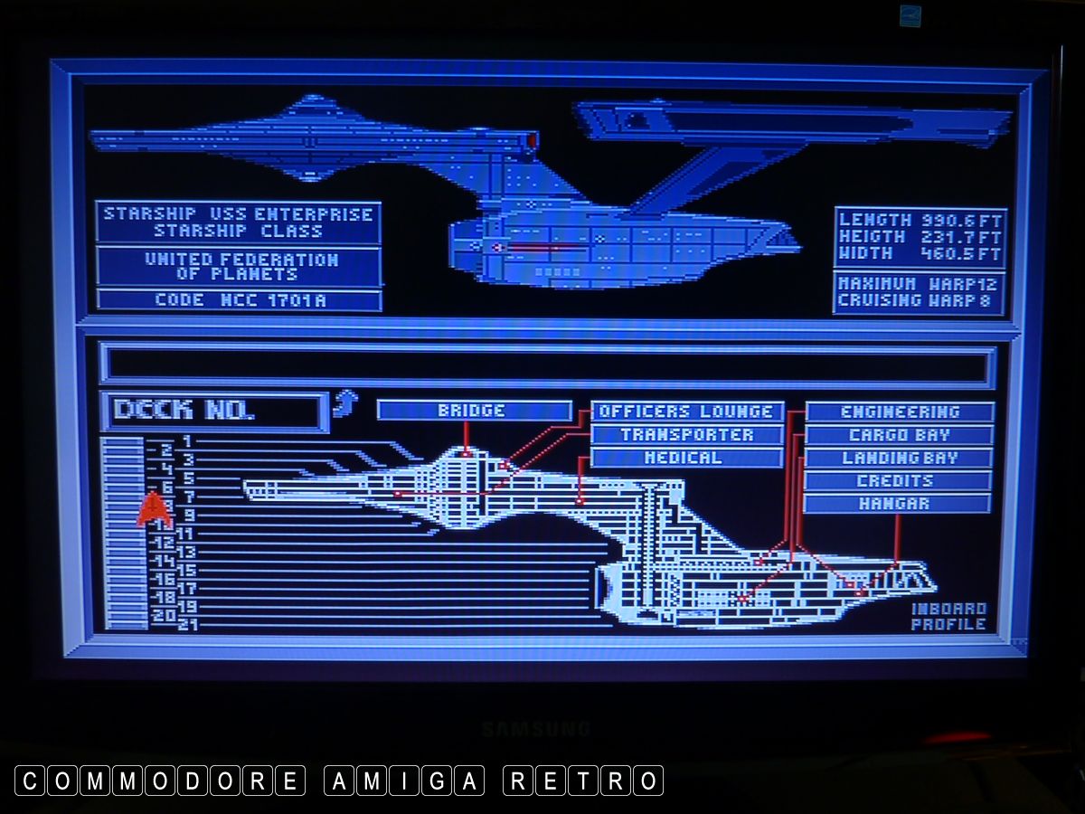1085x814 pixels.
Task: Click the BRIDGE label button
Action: pos(474,411)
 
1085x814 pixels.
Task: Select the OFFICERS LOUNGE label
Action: pos(686,412)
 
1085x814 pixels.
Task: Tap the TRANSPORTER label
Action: pos(686,435)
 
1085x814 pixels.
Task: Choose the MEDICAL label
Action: pos(686,458)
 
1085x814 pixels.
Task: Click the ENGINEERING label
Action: pos(900,412)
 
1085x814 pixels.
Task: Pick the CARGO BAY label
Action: pos(900,435)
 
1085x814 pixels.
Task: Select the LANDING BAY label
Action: pos(900,458)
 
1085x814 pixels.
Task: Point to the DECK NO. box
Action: pos(212,411)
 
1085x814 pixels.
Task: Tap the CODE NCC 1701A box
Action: pos(239,299)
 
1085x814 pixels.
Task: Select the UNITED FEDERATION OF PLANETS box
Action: pos(239,266)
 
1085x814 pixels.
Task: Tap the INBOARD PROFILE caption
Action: pos(948,616)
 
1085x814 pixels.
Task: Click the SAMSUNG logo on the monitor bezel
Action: pos(535,728)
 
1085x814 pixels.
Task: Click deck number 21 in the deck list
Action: pos(188,624)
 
